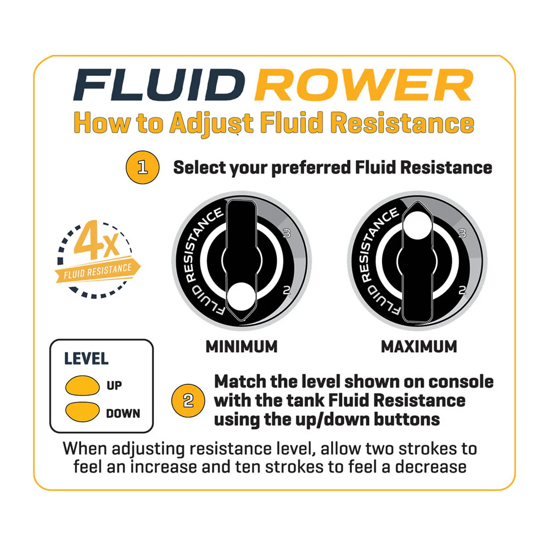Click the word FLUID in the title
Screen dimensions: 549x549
(159, 85)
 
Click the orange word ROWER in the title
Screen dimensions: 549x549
(364, 85)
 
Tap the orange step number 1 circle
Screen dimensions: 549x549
(143, 167)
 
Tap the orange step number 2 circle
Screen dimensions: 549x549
(188, 401)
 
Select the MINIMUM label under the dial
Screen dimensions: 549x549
(242, 346)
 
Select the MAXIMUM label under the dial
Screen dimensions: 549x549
(419, 346)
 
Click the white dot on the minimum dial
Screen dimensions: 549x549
(241, 296)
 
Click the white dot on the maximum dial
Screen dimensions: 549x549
(417, 225)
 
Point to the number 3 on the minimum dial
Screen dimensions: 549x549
(287, 233)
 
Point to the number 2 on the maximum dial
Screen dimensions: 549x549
(462, 290)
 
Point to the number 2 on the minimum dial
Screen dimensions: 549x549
(287, 290)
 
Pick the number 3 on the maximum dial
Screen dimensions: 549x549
(462, 233)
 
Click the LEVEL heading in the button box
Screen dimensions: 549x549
(87, 358)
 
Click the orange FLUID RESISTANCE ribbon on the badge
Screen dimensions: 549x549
(98, 271)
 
